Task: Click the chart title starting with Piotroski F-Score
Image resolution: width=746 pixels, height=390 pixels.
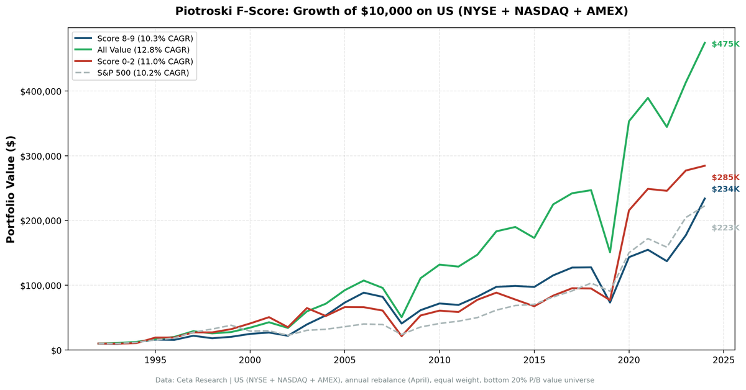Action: point(401,11)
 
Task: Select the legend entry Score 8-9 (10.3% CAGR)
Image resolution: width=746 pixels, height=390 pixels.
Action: point(144,39)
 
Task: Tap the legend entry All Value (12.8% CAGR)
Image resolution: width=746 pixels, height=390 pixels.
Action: point(143,50)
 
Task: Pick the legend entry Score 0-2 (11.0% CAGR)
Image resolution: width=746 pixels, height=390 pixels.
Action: point(144,61)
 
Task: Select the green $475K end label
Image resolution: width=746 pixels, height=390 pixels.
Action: point(725,44)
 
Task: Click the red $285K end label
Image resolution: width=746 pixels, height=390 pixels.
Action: point(725,178)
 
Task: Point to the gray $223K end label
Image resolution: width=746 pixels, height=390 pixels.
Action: point(725,228)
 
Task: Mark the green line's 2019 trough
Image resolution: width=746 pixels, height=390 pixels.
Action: point(610,252)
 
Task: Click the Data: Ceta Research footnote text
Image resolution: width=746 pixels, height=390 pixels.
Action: point(374,380)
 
